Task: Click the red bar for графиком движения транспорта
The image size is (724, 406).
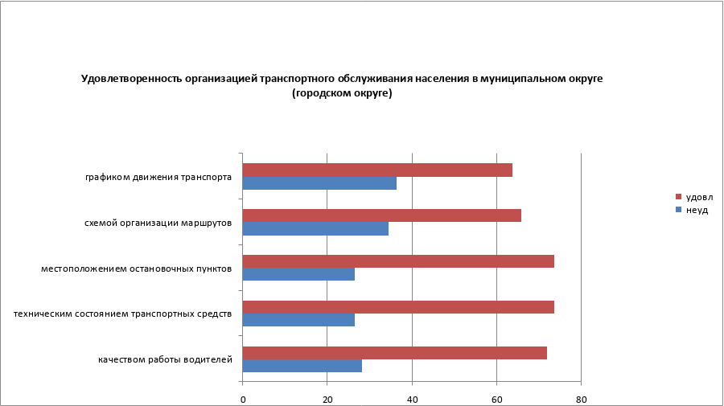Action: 377,170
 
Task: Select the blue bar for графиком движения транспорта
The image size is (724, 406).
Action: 319,183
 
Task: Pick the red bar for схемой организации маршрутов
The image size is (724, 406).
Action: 381,215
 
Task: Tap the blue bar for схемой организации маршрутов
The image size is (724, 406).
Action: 315,228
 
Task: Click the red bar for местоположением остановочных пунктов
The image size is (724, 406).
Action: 398,261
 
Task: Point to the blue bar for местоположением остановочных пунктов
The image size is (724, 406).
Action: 298,274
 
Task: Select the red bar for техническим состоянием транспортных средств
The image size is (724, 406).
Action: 398,307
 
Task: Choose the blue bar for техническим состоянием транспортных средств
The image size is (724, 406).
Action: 298,320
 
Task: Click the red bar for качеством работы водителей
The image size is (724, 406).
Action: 394,353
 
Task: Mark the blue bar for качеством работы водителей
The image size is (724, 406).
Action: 302,366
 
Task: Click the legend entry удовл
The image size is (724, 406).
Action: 698,197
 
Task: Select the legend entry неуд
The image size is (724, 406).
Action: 696,210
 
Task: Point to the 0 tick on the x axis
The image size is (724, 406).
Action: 242,399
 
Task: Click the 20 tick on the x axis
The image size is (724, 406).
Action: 327,399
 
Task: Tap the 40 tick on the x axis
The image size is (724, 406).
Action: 412,399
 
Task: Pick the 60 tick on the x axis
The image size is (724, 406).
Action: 496,399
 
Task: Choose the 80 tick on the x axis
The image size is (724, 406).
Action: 581,399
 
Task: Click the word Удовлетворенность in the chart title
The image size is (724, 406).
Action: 128,79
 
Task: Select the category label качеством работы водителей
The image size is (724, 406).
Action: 166,359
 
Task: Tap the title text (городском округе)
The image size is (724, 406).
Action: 343,93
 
